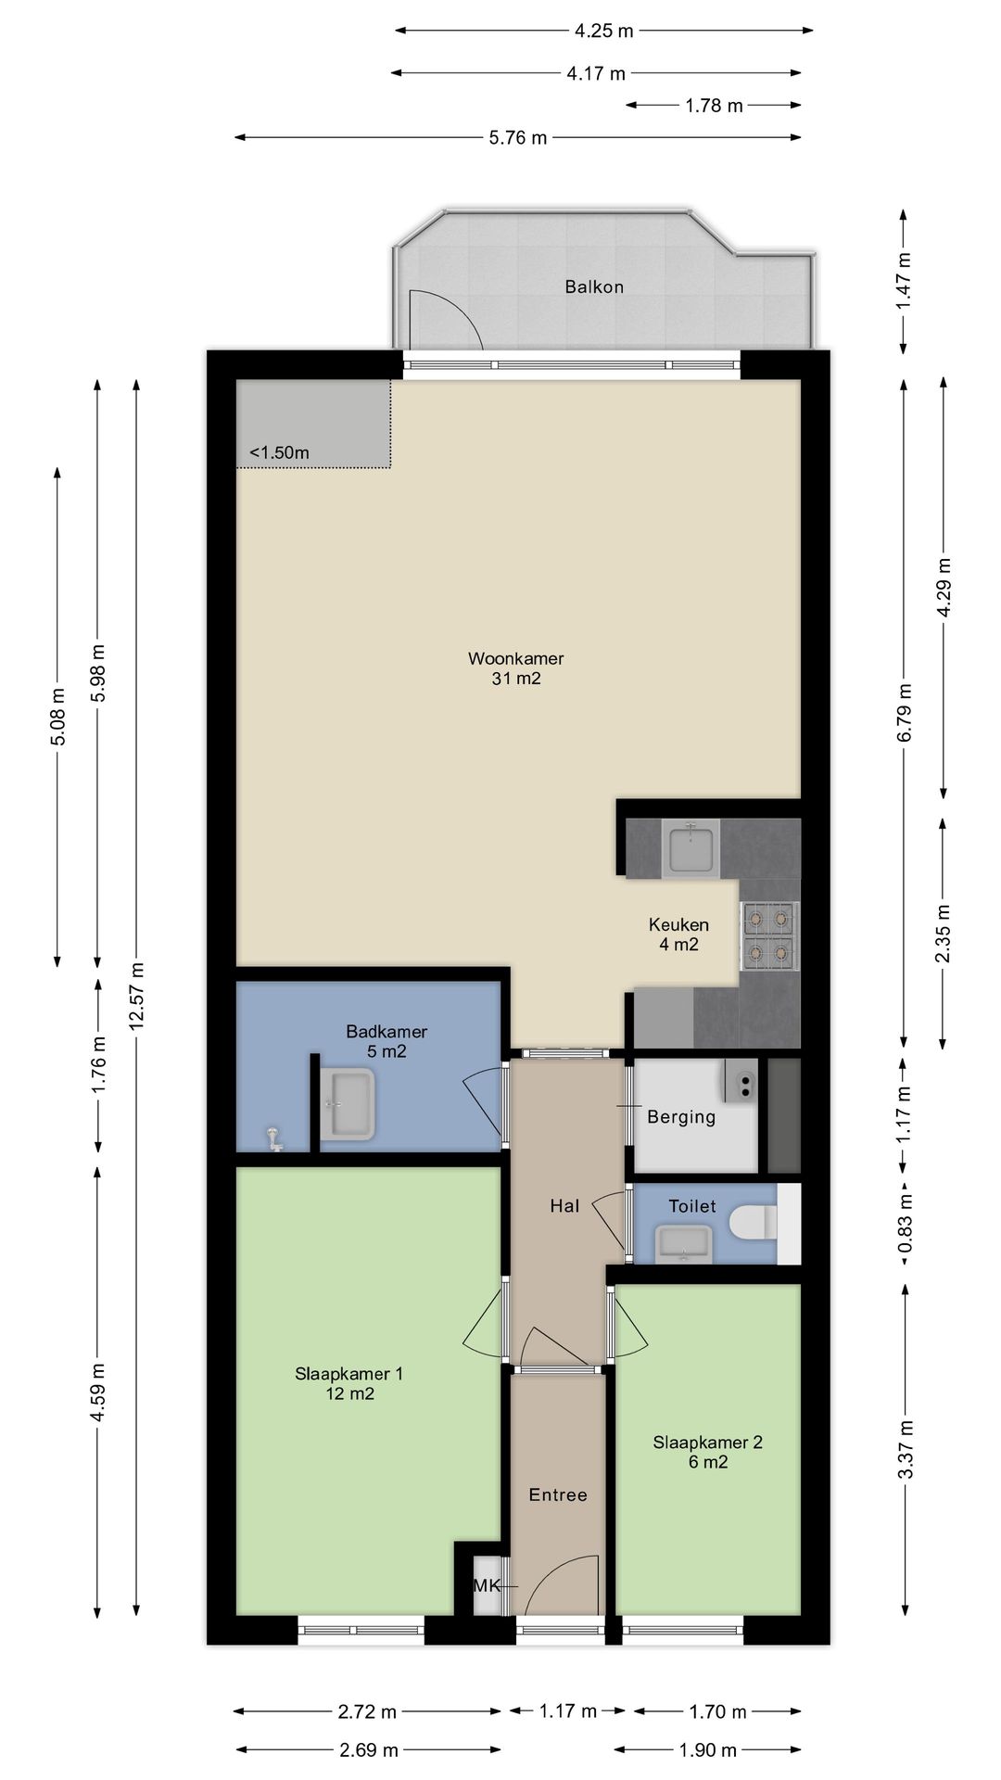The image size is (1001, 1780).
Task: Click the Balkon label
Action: point(594,287)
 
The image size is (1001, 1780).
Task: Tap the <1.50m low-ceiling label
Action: point(279,453)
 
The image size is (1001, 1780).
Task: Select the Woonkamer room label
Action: point(516,659)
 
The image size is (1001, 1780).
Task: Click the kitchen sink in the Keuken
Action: point(691,848)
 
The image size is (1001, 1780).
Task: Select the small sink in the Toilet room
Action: point(684,1242)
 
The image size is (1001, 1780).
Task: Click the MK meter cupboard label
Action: point(487,1585)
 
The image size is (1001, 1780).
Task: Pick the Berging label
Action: point(681,1117)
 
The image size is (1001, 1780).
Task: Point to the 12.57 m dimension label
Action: point(137,996)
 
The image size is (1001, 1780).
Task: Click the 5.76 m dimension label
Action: point(518,138)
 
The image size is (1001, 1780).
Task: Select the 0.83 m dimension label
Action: point(906,1224)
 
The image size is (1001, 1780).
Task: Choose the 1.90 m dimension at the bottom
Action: point(708,1750)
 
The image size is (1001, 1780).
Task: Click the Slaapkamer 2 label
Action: point(707,1443)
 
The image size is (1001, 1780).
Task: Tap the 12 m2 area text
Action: point(349,1393)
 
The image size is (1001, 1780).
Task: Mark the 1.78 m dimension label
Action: point(715,106)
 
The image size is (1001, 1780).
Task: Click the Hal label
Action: point(564,1206)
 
